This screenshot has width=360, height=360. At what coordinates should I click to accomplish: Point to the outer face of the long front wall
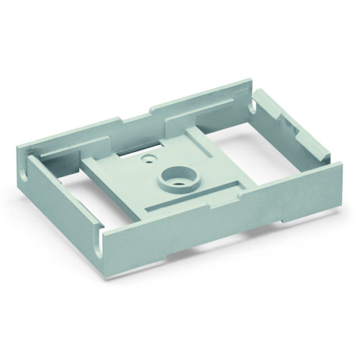click(x=216, y=223)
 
